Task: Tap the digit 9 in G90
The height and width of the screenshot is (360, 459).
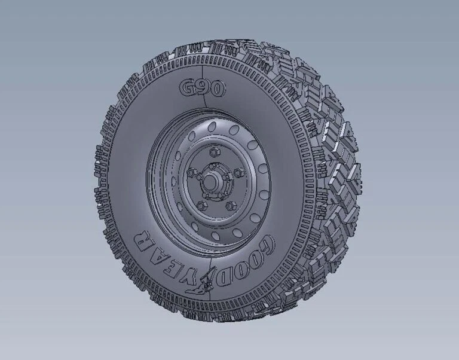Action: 204,89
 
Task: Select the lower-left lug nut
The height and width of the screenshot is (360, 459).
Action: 199,205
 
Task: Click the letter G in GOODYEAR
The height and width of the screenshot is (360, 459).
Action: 267,246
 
